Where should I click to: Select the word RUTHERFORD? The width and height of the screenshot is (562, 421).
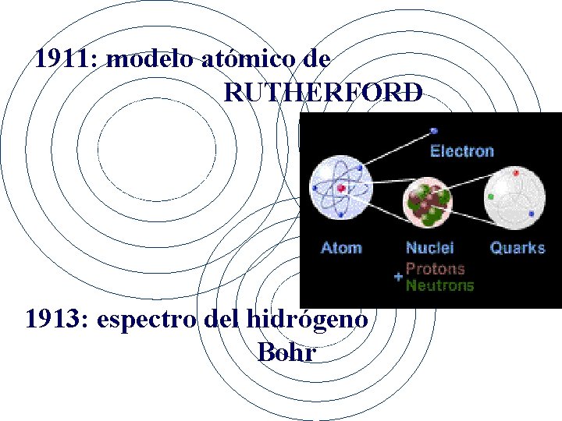click(x=323, y=93)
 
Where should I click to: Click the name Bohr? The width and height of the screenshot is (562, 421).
click(x=286, y=352)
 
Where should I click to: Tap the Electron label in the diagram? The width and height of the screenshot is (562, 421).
click(x=462, y=151)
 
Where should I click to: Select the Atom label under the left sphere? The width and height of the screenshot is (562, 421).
click(x=341, y=248)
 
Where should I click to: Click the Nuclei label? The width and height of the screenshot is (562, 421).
click(x=429, y=248)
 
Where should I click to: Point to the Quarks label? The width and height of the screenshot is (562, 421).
click(x=517, y=248)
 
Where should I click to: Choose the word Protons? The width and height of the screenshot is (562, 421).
click(x=435, y=269)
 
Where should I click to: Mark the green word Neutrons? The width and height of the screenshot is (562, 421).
click(x=439, y=285)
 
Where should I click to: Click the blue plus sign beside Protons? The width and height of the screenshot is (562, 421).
click(x=398, y=277)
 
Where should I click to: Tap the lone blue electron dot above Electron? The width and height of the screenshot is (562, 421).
click(x=434, y=130)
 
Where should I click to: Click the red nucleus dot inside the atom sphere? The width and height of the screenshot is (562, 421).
click(x=341, y=188)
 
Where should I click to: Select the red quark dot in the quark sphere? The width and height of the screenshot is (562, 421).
click(x=516, y=172)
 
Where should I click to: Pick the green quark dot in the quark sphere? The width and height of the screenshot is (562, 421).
click(x=492, y=197)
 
